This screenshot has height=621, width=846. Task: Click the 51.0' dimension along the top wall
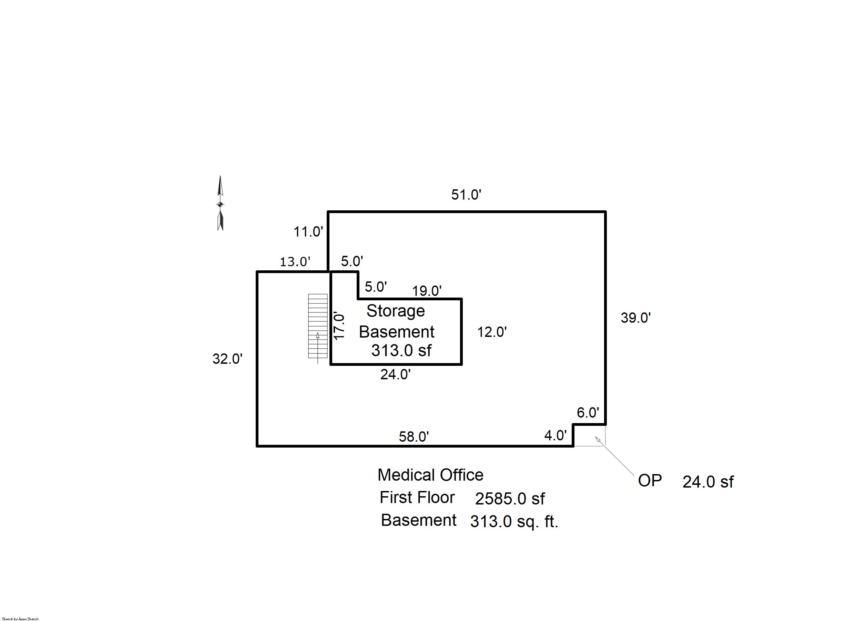click(466, 195)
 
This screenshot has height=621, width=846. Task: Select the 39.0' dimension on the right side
click(635, 318)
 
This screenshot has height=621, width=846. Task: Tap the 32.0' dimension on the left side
click(227, 359)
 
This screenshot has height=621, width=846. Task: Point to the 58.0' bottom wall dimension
click(414, 437)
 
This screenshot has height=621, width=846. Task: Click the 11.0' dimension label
click(308, 232)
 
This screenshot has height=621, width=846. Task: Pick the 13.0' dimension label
click(295, 262)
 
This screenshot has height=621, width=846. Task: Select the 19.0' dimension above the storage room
click(427, 291)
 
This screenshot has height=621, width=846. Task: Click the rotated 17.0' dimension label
click(339, 326)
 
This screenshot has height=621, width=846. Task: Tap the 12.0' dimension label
click(492, 332)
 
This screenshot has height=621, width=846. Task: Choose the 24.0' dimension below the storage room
click(395, 374)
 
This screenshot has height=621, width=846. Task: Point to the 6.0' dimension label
click(588, 413)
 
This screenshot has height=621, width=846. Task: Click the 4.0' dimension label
click(555, 435)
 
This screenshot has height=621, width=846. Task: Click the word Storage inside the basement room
click(396, 311)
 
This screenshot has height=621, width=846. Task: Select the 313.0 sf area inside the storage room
click(401, 350)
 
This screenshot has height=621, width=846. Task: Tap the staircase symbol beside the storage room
click(317, 326)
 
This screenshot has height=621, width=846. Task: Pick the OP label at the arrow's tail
click(650, 481)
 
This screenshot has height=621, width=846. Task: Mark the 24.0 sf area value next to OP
click(708, 482)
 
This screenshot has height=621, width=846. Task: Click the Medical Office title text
click(430, 475)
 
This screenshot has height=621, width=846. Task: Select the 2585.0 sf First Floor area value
click(509, 499)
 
